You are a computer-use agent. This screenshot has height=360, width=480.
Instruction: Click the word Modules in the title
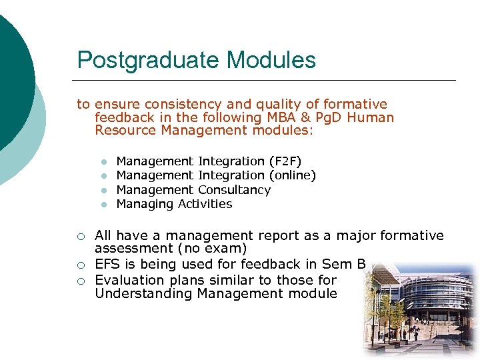(271, 60)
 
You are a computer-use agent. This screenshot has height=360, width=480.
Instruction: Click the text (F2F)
(285, 161)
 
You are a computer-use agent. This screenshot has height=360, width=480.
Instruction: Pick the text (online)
(292, 175)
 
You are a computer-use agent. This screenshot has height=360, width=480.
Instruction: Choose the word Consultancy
(235, 190)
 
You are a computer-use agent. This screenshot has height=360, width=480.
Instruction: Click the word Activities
(205, 204)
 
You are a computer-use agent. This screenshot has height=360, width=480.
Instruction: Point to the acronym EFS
(108, 265)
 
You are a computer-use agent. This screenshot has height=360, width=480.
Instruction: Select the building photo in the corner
(419, 310)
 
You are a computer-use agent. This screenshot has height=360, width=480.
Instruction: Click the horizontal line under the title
(267, 81)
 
